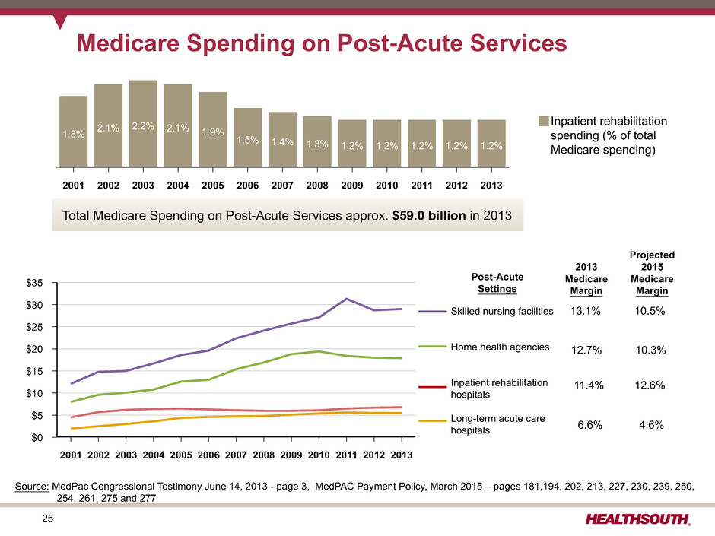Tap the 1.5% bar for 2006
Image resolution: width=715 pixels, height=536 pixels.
pos(247,138)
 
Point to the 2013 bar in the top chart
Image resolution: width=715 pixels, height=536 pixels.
pos(491,143)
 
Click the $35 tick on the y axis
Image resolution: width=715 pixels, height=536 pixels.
pos(42,283)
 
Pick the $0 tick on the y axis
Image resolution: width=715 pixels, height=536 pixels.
pos(45,437)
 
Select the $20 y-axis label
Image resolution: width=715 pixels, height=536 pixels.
pos(42,349)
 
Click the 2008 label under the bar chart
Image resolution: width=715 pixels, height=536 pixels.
pos(317,186)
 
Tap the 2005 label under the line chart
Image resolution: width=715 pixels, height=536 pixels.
pos(181,455)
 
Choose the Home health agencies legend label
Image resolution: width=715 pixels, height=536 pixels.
pos(500,347)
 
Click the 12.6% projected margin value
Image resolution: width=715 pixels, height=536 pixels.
pos(650,386)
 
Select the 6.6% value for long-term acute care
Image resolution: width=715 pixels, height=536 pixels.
pos(589,425)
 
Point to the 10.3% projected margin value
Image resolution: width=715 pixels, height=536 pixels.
pos(650,350)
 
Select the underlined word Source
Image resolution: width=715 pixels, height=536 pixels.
pos(33,484)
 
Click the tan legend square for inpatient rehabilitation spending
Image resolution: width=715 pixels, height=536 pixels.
pos(544,120)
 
